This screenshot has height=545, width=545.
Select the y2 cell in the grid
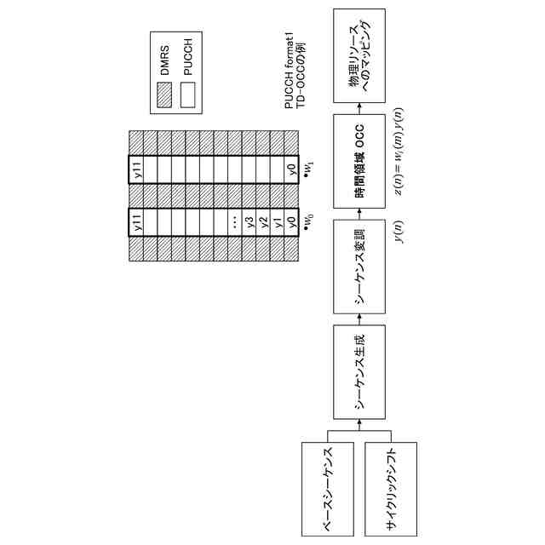pos(263,223)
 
